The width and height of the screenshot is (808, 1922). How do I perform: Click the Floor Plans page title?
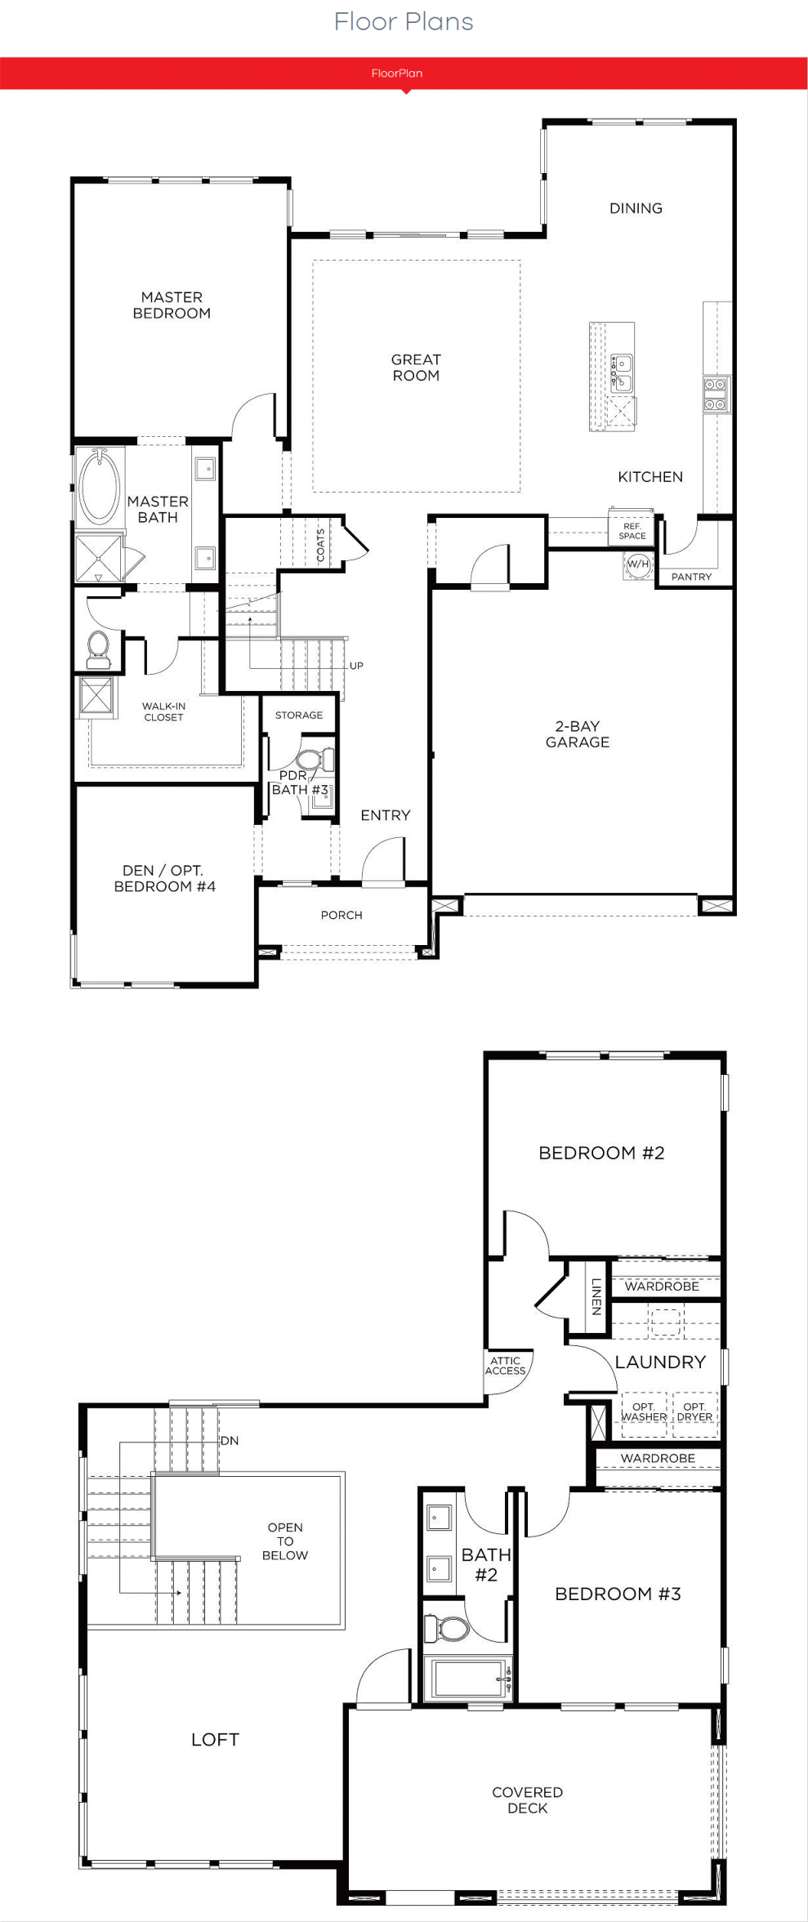coord(404,22)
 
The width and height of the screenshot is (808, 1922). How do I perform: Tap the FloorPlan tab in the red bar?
coord(397,74)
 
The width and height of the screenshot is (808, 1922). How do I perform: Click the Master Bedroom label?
coord(172,305)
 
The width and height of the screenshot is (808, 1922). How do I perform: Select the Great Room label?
coord(416,368)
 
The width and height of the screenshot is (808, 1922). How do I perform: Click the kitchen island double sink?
coord(622,372)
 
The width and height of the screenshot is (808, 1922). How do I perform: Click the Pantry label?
coord(691,577)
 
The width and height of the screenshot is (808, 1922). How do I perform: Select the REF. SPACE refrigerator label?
coord(632,531)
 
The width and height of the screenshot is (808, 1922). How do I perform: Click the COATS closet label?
coord(321,545)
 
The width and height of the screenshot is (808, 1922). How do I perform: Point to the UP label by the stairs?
coord(356,666)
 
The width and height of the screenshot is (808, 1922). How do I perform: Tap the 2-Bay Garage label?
coord(578,734)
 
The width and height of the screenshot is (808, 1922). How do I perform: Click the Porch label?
coord(342,916)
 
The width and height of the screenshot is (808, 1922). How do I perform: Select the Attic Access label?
coord(506,1366)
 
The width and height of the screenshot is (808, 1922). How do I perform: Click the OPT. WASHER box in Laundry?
coord(645,1414)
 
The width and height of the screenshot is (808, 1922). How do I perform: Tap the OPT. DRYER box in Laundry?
coord(695,1414)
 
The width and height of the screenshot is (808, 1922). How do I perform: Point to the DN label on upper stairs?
coord(230,1440)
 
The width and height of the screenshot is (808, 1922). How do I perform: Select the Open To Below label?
coord(285,1541)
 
